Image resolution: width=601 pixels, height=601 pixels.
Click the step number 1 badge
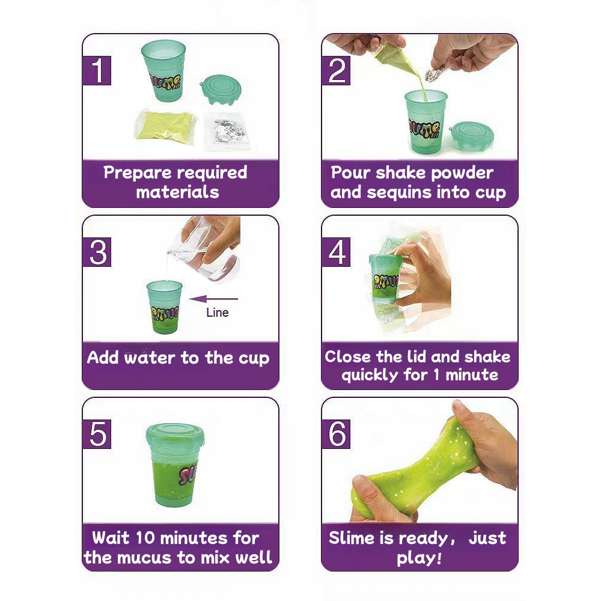click(x=97, y=70)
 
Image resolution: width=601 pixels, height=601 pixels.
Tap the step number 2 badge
click(x=336, y=70)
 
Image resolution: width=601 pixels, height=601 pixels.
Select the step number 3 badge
click(x=97, y=252)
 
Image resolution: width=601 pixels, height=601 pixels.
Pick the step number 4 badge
click(x=336, y=252)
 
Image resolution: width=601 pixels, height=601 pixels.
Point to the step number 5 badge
click(x=97, y=434)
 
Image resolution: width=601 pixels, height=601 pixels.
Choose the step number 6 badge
click(x=336, y=434)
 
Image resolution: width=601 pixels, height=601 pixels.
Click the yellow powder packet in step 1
click(x=166, y=126)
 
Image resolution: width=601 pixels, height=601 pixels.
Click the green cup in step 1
click(x=164, y=70)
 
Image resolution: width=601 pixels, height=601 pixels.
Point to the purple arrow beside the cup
click(x=213, y=299)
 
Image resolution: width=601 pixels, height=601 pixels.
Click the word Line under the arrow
click(x=218, y=313)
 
